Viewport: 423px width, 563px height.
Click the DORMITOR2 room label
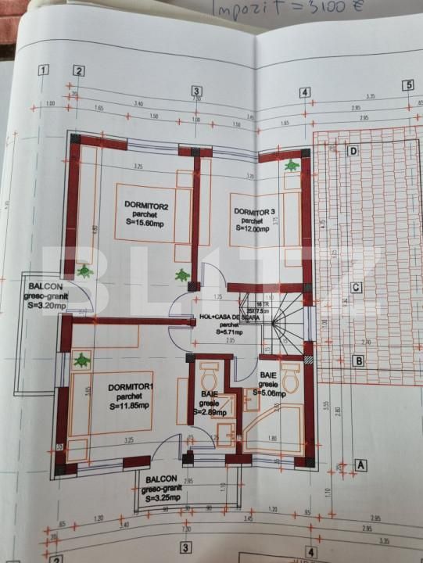point(147,206)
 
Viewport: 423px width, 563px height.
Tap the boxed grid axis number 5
point(407,85)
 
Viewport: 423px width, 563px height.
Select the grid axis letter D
point(353,151)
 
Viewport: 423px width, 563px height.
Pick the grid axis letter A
point(361,464)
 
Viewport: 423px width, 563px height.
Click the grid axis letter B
point(358,361)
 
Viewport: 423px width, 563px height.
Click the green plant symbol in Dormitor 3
point(292,166)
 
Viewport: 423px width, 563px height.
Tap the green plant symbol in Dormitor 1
point(81,360)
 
